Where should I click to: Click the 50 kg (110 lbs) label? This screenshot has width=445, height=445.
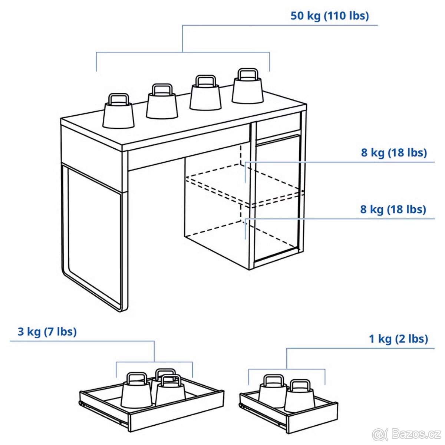tap(329, 16)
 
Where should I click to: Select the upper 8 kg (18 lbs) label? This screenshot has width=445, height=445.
tap(394, 152)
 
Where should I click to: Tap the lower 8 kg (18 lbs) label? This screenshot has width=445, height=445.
tap(393, 209)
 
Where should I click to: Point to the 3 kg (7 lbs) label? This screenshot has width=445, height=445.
tap(47, 331)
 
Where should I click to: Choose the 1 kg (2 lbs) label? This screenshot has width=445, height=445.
tap(398, 339)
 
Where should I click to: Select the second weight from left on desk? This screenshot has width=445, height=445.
tap(162, 105)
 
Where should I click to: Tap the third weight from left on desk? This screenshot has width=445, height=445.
tap(205, 97)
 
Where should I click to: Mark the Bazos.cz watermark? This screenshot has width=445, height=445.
tap(407, 434)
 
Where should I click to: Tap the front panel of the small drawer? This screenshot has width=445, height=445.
tap(312, 417)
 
